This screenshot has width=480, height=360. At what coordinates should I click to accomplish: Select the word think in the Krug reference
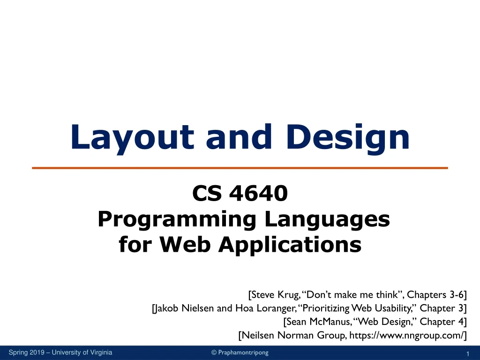click(389, 295)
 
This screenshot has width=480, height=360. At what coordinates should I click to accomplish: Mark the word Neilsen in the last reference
click(257, 335)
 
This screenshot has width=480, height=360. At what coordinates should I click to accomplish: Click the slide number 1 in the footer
click(468, 353)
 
